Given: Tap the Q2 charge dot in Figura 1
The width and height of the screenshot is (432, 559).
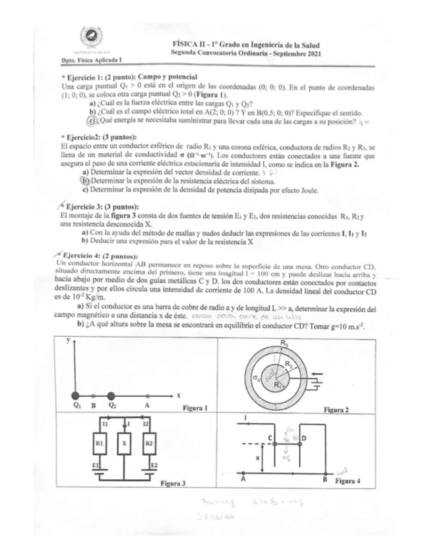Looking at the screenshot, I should click(x=112, y=394).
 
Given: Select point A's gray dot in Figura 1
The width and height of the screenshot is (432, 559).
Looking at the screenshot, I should click(x=146, y=394).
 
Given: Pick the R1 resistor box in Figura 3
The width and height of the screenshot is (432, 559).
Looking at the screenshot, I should click(x=100, y=444).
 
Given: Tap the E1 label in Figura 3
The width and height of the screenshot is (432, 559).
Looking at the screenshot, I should click(x=96, y=465).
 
